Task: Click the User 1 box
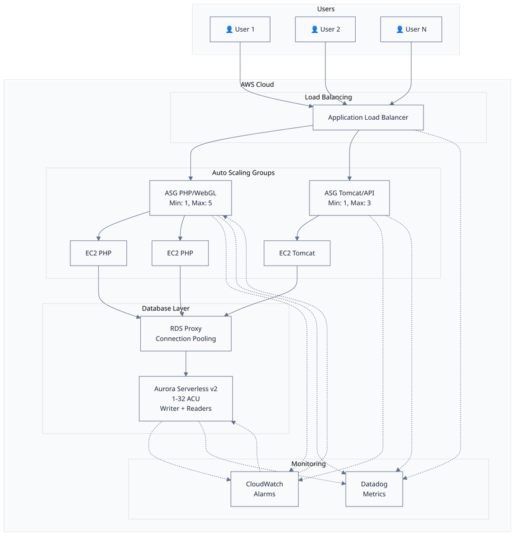(240, 29)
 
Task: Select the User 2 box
(325, 29)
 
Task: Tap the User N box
(410, 29)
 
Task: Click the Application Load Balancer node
(368, 118)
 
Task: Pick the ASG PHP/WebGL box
(190, 198)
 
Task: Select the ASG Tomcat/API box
(349, 198)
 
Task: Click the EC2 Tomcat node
(297, 253)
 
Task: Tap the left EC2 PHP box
(98, 253)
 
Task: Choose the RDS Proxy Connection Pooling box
(186, 333)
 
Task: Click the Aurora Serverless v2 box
(186, 399)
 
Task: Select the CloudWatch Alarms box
(264, 489)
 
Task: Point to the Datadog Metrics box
(374, 489)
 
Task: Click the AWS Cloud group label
(257, 84)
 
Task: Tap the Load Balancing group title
(328, 97)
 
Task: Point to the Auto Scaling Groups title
(243, 172)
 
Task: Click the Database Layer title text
(166, 308)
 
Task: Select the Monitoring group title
(308, 463)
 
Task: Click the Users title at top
(325, 9)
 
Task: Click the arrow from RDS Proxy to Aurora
(186, 364)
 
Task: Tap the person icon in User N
(400, 29)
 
